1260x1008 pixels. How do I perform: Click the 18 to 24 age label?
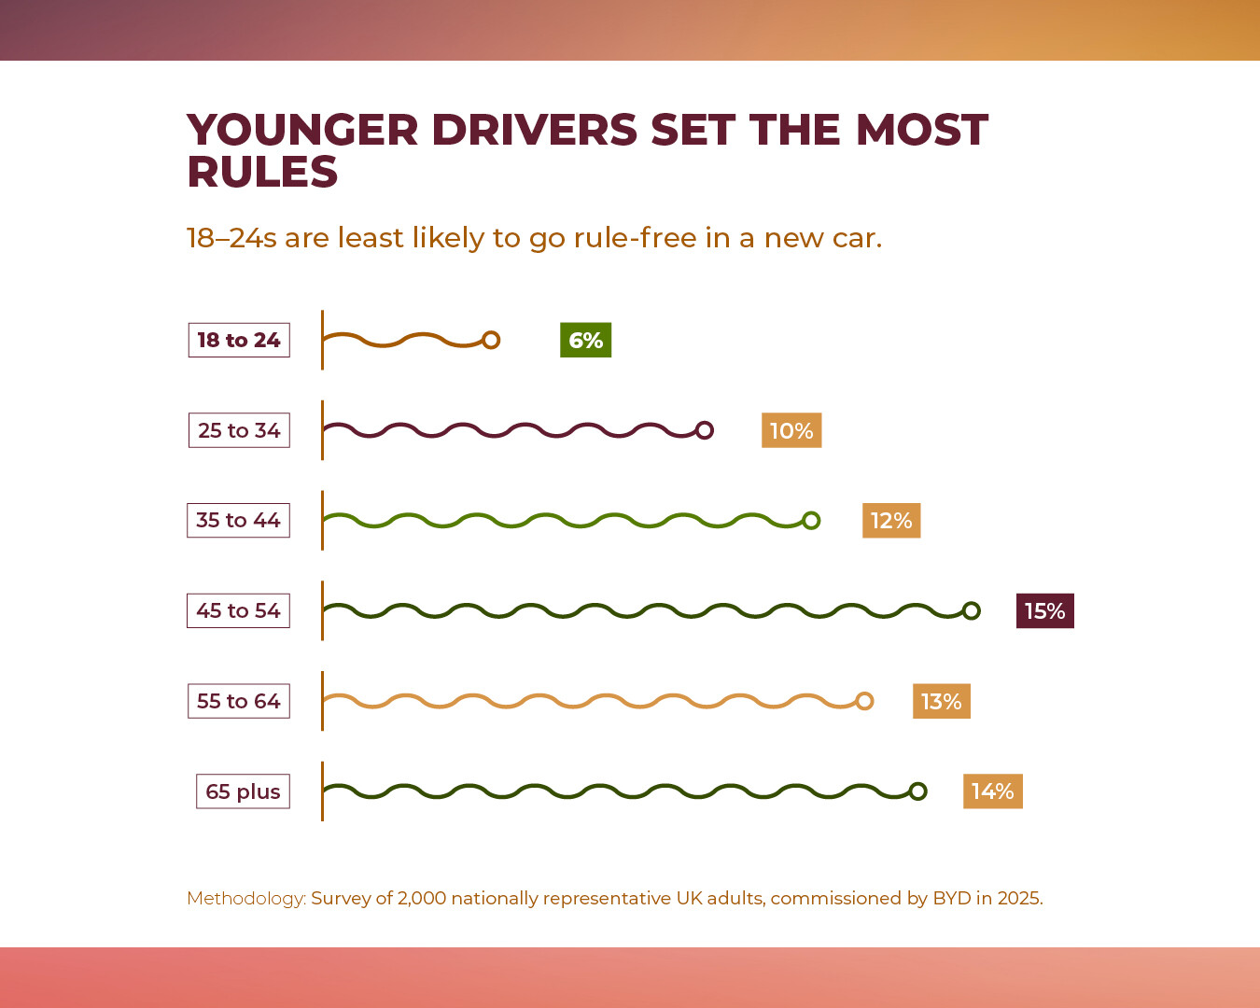tap(239, 340)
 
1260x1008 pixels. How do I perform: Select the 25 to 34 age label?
tap(239, 430)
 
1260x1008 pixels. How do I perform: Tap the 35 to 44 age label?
tap(238, 520)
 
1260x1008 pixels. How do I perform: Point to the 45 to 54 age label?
tap(238, 610)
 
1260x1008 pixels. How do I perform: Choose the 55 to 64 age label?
tap(239, 701)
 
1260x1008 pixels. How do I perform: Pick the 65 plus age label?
tap(243, 791)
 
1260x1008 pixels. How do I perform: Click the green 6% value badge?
tap(585, 340)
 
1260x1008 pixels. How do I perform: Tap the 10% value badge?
tap(791, 430)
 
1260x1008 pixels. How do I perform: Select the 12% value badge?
tap(891, 520)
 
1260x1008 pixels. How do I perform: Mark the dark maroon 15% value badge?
tap(1044, 610)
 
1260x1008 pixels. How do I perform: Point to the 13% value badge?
tap(941, 701)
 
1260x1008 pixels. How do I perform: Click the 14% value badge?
tap(992, 791)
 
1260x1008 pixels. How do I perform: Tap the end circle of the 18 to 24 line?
tap(491, 340)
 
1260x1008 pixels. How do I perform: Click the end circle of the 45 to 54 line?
tap(971, 610)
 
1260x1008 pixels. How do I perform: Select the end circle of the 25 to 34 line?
tap(705, 430)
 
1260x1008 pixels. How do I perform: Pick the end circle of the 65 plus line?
tap(917, 791)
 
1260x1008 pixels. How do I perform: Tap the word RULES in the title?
tap(262, 172)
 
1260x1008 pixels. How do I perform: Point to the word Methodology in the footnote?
tap(245, 898)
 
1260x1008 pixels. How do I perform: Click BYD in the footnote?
tap(951, 898)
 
